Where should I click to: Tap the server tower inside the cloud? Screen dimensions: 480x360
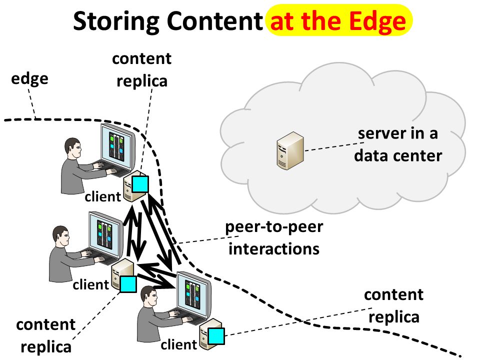coord(290,150)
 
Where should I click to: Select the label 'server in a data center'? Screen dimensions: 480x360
coord(398,144)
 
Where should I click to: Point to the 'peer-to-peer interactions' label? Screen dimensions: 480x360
coord(274,238)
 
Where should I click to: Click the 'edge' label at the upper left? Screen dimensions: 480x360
coord(29,79)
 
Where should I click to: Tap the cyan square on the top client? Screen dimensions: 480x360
coord(140,184)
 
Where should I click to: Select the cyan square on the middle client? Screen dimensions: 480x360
coord(128,284)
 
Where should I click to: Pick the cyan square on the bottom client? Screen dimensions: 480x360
coord(216,336)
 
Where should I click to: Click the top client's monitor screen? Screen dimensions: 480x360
coord(117,146)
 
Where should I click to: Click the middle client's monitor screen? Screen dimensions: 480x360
coord(105,234)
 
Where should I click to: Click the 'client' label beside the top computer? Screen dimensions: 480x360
coord(103,196)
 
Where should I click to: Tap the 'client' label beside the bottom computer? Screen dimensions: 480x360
coord(179,344)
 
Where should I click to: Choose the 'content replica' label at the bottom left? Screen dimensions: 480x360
coord(46,336)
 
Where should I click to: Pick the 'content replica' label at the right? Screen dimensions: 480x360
coord(394,306)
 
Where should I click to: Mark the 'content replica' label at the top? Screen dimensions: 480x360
coord(141,70)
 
